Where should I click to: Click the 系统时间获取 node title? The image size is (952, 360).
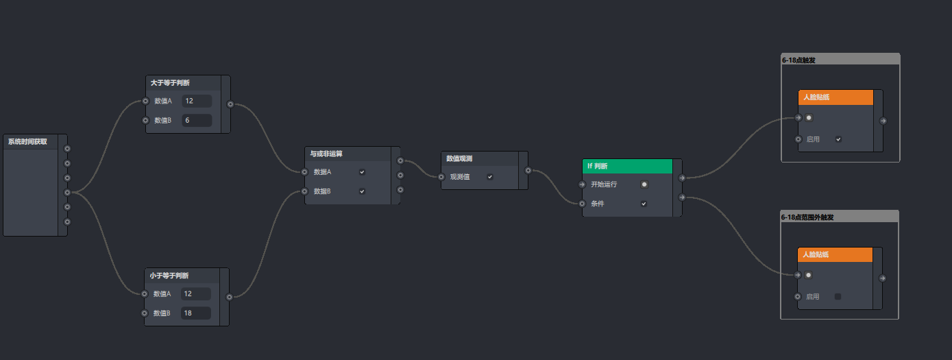[x=28, y=142]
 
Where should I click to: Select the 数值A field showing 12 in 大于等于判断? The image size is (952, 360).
[x=197, y=101]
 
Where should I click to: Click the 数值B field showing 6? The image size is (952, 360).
[x=197, y=121]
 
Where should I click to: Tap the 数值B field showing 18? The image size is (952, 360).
[x=196, y=313]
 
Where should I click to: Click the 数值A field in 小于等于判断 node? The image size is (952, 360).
[x=196, y=293]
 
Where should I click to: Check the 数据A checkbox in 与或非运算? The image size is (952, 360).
[x=362, y=172]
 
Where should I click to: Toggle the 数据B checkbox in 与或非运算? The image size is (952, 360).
[x=362, y=191]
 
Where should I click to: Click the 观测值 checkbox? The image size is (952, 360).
[x=490, y=177]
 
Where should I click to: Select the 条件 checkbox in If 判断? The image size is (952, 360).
[x=644, y=204]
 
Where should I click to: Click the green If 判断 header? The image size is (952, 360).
[x=627, y=166]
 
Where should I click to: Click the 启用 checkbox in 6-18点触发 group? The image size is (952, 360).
[x=838, y=139]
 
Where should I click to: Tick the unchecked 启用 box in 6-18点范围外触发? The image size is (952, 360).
[x=838, y=297]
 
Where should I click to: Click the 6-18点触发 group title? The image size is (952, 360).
[x=799, y=60]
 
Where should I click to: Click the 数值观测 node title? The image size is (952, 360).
[x=460, y=158]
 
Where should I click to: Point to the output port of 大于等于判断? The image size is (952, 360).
[x=230, y=104]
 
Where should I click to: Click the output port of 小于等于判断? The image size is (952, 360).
[x=229, y=297]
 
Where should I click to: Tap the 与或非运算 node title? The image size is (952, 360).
[x=327, y=154]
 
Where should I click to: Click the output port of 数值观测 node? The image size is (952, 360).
[x=528, y=171]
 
